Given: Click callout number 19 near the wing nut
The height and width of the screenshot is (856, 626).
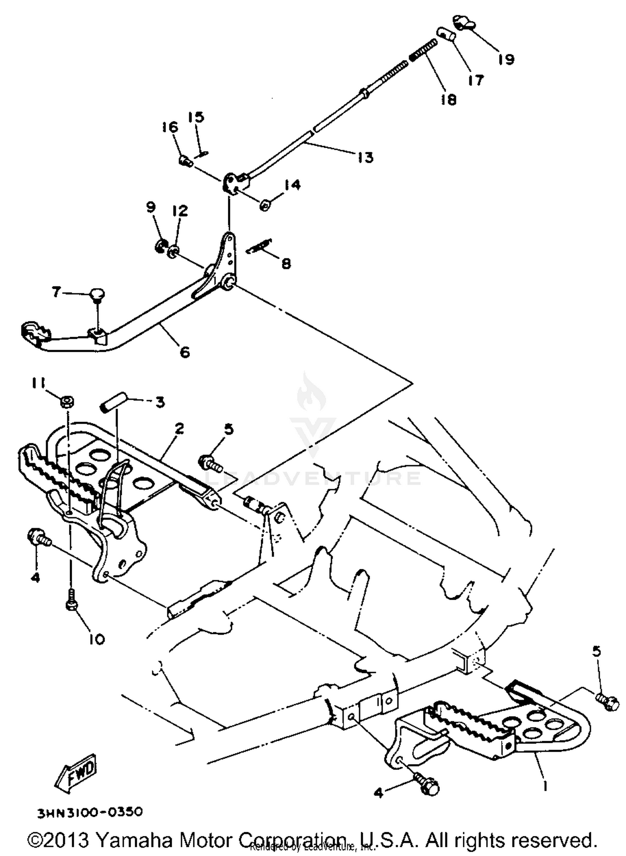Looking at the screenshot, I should click(506, 59).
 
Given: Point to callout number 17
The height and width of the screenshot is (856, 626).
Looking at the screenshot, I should click(475, 80).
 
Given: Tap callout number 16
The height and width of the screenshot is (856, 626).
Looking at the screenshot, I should click(170, 127).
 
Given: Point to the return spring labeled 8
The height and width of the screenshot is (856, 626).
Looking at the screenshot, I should click(259, 247).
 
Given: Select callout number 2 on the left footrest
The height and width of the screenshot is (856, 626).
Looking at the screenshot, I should click(179, 429).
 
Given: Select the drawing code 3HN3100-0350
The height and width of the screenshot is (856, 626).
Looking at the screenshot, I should click(90, 812).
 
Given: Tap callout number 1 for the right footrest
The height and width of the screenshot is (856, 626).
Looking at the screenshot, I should click(545, 785).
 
